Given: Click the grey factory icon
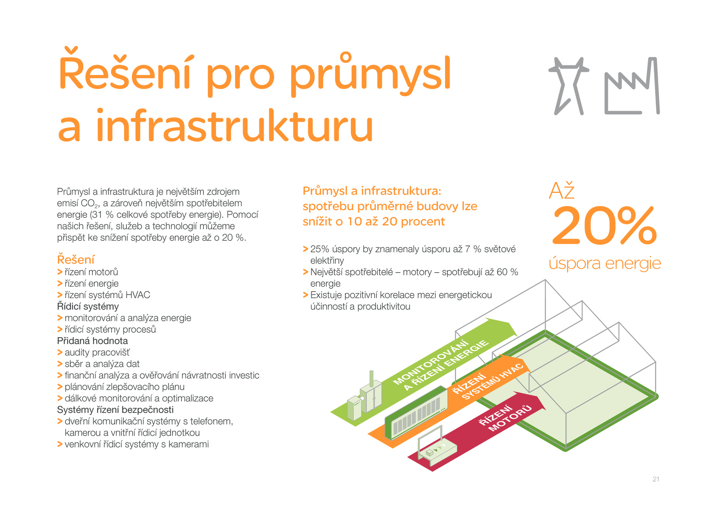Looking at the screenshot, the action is (x=632, y=86).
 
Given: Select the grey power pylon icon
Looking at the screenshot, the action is (x=569, y=86).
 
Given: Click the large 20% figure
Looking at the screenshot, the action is (x=605, y=226).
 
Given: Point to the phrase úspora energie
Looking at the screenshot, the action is (x=605, y=264).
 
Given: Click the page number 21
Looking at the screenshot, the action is (x=656, y=479).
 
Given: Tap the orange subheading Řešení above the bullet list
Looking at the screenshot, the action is (x=76, y=259).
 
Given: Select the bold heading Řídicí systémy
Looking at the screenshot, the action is (x=88, y=306).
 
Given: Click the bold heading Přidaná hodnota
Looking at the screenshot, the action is (x=92, y=341).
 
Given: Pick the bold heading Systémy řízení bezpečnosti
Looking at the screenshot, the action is (x=115, y=409).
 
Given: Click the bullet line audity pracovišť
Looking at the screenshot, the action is (x=94, y=352).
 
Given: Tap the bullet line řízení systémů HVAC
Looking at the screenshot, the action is (x=104, y=295).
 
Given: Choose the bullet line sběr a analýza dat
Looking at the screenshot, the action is (x=99, y=364).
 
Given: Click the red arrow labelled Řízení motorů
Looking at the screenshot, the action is (x=477, y=431).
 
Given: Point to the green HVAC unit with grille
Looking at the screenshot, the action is (x=416, y=413).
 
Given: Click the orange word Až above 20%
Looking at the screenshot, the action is (x=562, y=191).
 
